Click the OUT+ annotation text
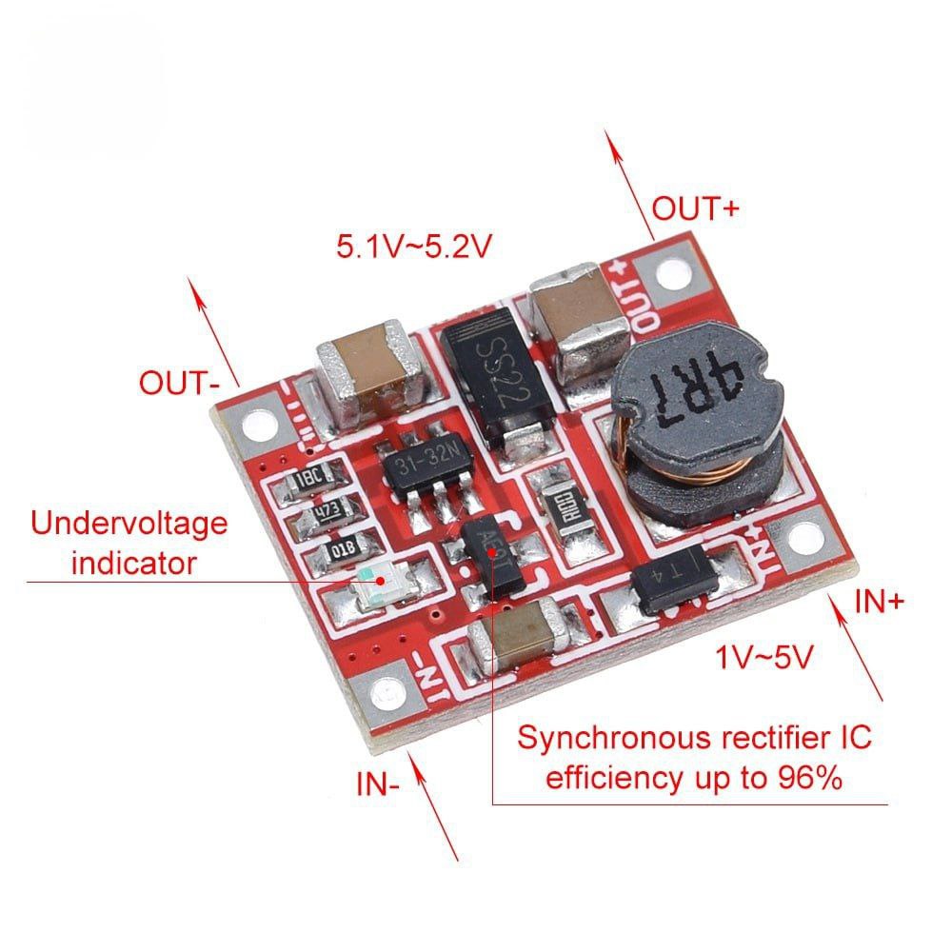tap(695, 208)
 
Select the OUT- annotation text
tap(180, 384)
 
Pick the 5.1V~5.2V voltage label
tap(413, 248)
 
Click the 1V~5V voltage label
tap(765, 657)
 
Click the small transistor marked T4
tap(673, 575)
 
